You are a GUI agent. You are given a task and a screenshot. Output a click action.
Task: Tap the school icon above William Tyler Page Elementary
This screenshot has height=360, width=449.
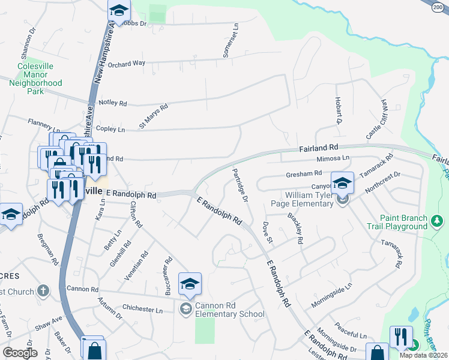[x=342, y=182]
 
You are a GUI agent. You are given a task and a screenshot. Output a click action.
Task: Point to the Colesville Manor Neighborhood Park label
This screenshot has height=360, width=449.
[x=35, y=79]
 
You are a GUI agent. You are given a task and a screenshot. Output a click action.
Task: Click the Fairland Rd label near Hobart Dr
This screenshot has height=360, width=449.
[x=318, y=147]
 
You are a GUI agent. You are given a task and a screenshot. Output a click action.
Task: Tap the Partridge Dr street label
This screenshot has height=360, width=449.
[x=240, y=184]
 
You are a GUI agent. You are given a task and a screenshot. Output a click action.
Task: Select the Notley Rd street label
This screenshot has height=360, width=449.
[x=113, y=103]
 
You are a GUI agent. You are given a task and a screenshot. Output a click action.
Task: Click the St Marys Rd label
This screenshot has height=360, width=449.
[x=154, y=112]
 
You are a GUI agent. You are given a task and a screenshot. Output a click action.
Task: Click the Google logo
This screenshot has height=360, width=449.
[x=20, y=352]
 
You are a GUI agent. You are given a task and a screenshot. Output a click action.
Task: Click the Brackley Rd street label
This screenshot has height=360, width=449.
[x=294, y=228]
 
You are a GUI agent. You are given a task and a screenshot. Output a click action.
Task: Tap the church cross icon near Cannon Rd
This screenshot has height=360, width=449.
[x=42, y=291]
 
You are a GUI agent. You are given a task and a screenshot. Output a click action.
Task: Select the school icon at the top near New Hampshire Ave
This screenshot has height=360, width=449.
[x=119, y=10]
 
